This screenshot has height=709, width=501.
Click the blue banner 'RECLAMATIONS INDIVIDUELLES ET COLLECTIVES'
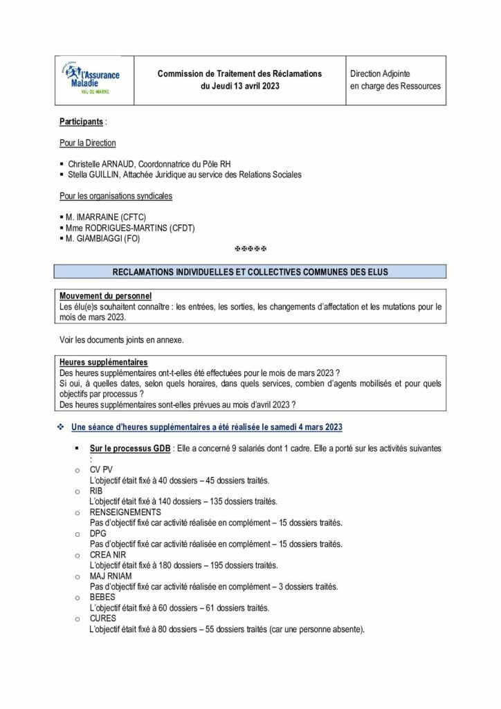(250, 272)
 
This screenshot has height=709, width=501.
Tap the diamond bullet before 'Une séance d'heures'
(61, 425)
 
